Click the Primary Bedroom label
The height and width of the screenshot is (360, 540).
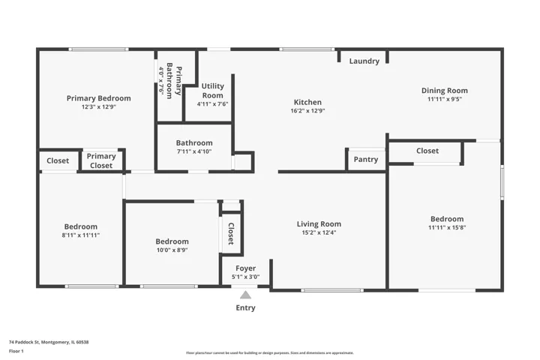(98, 98)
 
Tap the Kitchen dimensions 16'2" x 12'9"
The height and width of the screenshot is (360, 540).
(307, 110)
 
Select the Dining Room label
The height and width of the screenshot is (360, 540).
(445, 91)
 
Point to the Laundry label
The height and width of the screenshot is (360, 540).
(364, 61)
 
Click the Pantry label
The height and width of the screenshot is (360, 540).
(366, 159)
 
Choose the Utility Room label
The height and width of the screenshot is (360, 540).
(212, 91)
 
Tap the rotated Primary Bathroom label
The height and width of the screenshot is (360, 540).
(174, 80)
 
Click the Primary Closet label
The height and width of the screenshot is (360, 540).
(101, 161)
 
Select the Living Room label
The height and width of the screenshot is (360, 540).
(319, 224)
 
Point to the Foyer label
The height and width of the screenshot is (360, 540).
(245, 268)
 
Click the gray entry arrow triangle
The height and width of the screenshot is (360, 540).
(245, 295)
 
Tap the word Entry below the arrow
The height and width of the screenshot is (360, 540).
(245, 307)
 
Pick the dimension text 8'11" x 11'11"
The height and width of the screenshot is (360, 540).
(80, 235)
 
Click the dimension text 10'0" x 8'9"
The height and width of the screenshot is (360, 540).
(172, 250)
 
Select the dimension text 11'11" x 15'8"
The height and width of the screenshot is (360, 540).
(447, 227)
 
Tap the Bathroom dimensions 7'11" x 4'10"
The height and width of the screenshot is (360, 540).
(194, 151)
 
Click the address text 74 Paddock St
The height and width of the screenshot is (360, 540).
(25, 342)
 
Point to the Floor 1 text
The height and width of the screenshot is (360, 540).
(16, 351)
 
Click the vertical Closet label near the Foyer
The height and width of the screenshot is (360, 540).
(231, 233)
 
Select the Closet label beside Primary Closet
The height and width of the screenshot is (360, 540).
(58, 160)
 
